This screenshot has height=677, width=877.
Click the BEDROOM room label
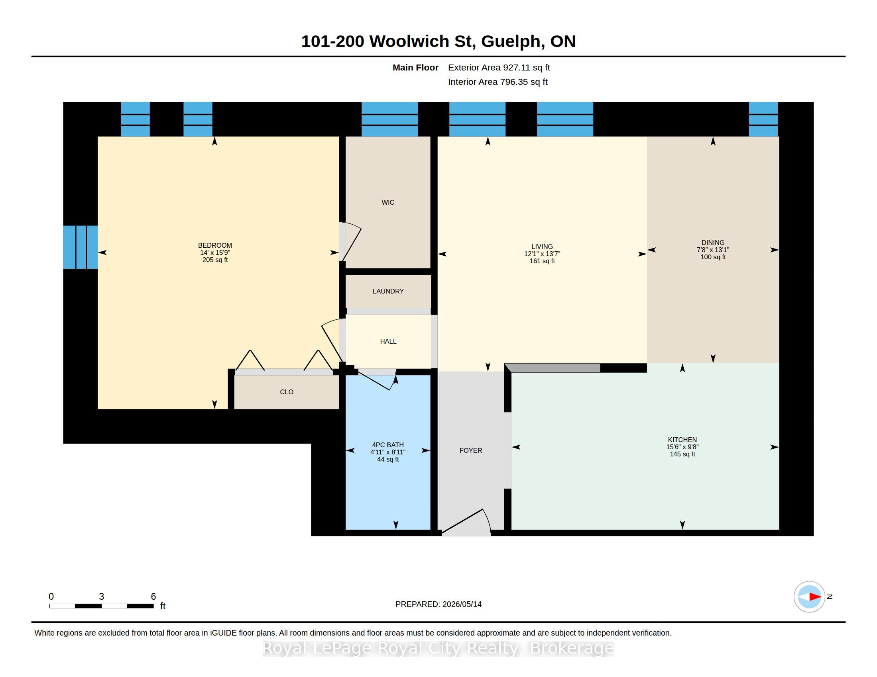click(215, 245)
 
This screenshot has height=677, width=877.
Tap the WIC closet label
click(388, 203)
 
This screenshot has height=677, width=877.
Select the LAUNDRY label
click(388, 291)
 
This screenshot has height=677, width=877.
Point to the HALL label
click(388, 341)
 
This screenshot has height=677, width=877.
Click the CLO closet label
click(287, 392)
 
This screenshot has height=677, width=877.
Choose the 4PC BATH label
click(388, 445)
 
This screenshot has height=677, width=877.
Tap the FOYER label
click(471, 450)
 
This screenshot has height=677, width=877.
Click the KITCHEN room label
click(682, 440)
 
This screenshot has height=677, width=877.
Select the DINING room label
click(713, 243)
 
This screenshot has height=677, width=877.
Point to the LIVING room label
click(542, 247)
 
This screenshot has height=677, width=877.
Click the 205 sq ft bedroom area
click(215, 260)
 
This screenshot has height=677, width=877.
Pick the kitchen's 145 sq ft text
click(682, 454)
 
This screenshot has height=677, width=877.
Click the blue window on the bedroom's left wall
click(80, 247)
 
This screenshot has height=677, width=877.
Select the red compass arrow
click(815, 597)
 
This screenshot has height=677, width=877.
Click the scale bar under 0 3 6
click(101, 606)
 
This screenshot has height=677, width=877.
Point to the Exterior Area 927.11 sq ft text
click(499, 68)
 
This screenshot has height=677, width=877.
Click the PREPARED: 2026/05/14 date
click(438, 604)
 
